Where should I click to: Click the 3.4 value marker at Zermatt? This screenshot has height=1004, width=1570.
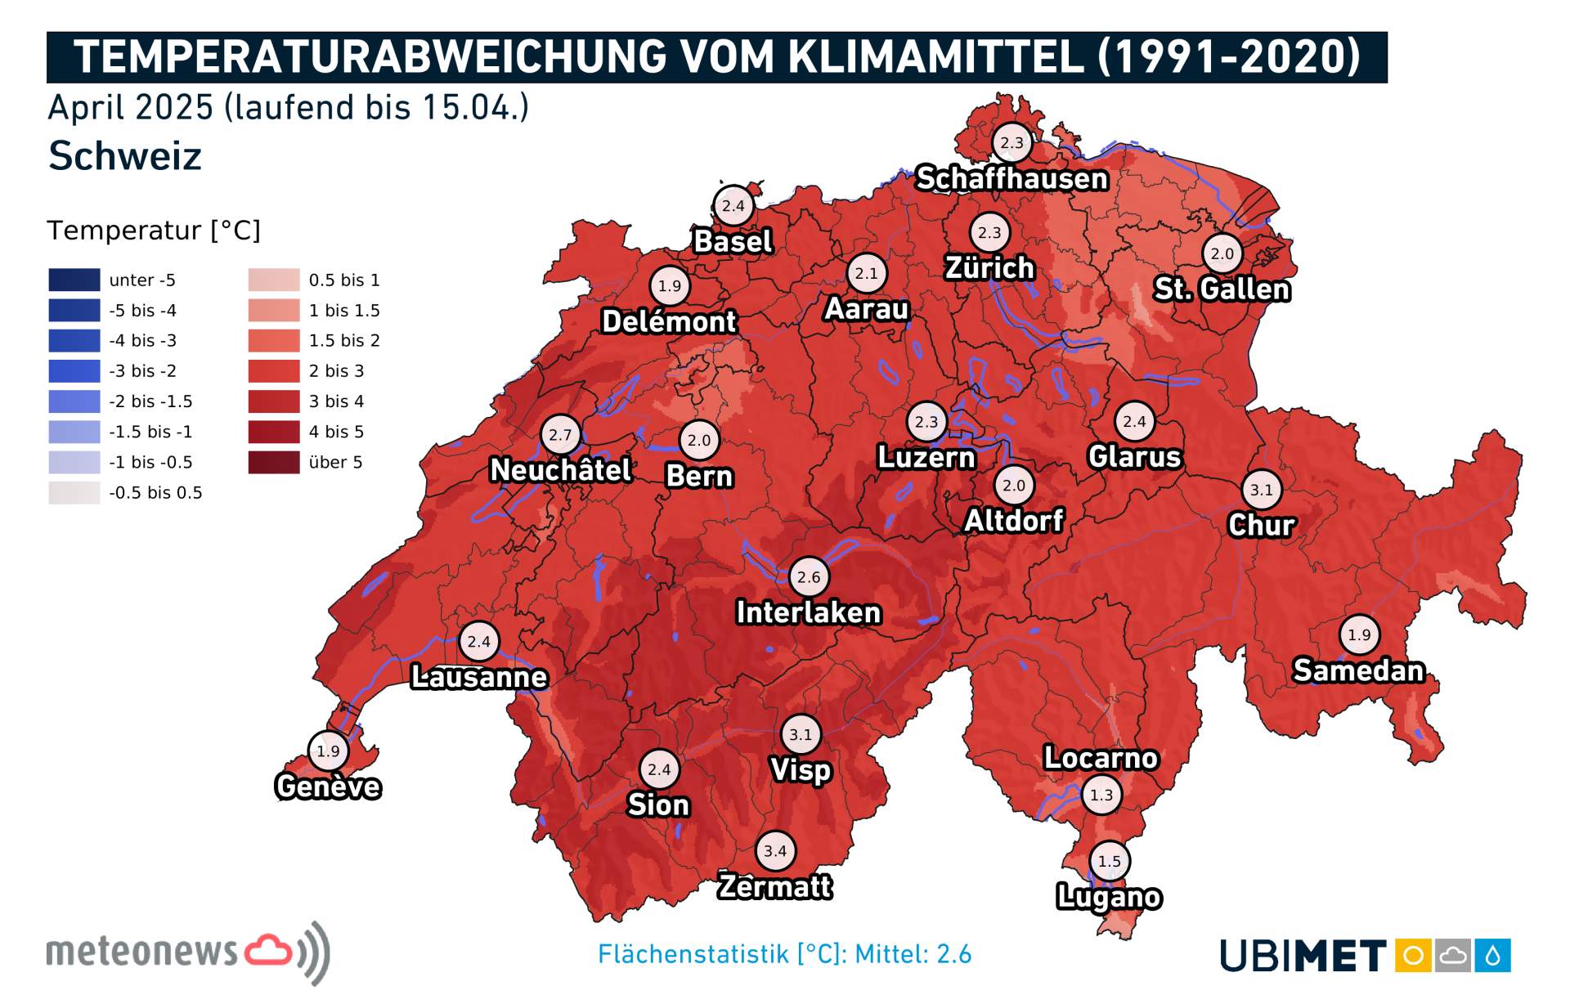(775, 851)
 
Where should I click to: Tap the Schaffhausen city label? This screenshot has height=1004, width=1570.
(1012, 178)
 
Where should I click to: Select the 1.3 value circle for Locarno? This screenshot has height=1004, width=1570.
(1101, 795)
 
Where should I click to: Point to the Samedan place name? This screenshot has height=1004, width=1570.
(1358, 670)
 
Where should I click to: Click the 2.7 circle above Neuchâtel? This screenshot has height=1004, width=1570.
(560, 435)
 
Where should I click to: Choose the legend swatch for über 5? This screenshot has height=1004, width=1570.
(274, 462)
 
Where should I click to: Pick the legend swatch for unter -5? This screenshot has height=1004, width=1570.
(74, 280)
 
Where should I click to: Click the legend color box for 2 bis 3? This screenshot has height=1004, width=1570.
(274, 371)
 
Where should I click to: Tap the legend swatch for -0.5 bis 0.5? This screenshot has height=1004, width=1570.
(74, 492)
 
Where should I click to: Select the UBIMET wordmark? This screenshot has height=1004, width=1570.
(1303, 956)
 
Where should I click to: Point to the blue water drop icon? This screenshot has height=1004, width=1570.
(1493, 955)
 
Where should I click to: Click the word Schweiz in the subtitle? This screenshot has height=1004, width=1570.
(125, 155)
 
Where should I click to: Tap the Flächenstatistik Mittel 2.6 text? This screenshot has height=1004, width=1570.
(784, 954)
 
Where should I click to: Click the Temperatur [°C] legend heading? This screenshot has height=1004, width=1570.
(154, 231)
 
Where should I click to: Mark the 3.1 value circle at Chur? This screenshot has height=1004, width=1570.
(1261, 490)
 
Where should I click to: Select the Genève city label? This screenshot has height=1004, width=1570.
(328, 787)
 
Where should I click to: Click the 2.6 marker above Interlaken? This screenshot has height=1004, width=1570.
(809, 577)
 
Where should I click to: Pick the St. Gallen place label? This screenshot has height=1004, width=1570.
(1222, 289)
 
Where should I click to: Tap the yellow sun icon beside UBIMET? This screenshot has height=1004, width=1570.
(1413, 955)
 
